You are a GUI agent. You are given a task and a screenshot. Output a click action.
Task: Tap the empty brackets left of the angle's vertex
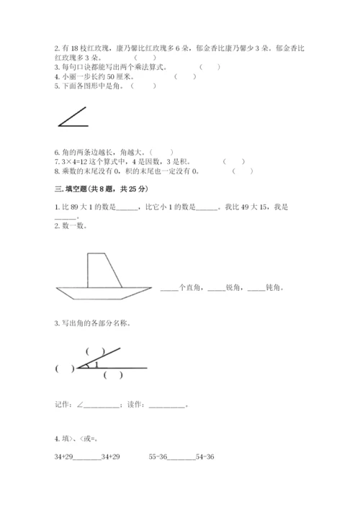click(x=64, y=369)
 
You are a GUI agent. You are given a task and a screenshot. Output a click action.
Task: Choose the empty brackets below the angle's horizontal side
click(x=113, y=375)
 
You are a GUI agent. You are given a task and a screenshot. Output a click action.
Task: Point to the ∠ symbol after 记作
click(x=78, y=405)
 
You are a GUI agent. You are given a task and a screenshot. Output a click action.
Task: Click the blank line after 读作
click(x=169, y=405)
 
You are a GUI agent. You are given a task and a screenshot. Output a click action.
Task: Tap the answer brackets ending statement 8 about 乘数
click(x=243, y=171)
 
